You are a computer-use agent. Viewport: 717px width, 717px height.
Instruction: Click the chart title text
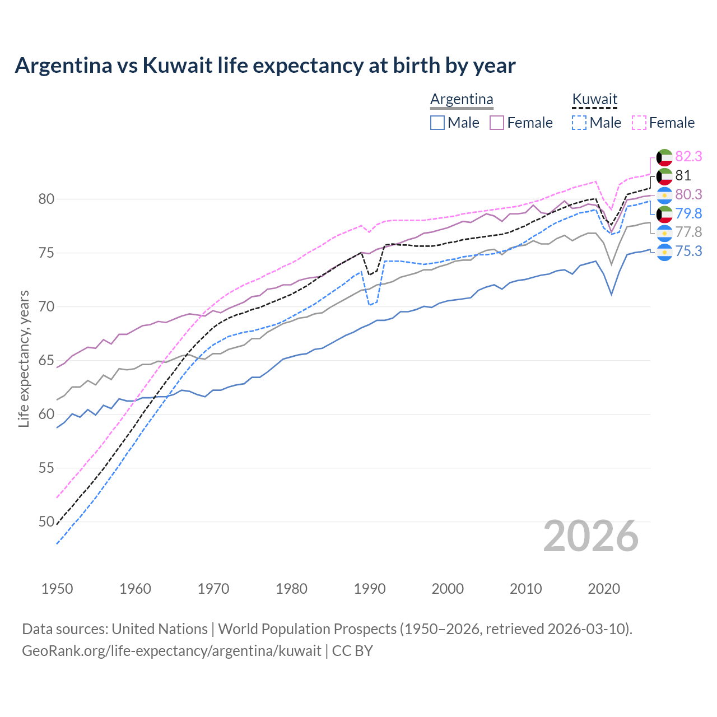pos(265,66)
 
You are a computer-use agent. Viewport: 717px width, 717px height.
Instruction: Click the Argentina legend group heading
pos(462,99)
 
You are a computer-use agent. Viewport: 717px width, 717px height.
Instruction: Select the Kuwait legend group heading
pos(594,99)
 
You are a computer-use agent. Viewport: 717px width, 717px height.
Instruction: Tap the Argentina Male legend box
pos(437,123)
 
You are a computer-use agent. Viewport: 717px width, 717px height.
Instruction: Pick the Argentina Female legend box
pos(497,123)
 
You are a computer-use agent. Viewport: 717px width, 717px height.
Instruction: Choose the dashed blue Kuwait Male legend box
pos(579,123)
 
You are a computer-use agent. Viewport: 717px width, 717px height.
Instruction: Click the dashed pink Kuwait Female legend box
pos(639,123)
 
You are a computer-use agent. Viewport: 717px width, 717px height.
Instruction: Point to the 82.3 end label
pos(688,156)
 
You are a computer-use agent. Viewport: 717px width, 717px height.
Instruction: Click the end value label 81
pos(683,175)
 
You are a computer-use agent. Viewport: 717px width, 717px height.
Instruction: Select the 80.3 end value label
pos(688,194)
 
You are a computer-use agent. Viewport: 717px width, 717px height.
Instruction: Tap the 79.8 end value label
pos(688,213)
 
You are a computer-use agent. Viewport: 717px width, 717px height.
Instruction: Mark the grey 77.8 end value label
pos(688,232)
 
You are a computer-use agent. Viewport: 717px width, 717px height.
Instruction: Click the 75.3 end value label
pos(688,251)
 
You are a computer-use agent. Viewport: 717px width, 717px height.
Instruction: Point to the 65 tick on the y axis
pos(46,360)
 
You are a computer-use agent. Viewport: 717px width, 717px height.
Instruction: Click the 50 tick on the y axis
pos(46,522)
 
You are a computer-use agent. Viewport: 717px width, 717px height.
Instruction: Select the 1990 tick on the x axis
pos(370,589)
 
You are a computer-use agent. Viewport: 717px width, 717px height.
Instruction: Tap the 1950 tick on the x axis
pos(57,589)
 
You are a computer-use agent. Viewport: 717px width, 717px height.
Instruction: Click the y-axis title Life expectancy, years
pos(24,358)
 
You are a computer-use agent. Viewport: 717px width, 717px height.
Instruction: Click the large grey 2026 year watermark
pos(590,536)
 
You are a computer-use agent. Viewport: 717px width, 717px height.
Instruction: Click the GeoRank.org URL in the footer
pos(171,650)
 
